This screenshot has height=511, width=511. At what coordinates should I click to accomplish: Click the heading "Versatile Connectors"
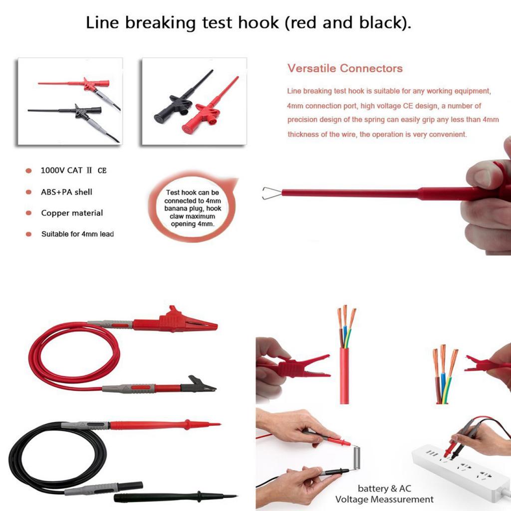point(345,68)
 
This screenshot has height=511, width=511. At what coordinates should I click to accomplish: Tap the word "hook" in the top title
point(258,23)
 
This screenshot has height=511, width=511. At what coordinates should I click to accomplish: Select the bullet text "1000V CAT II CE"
point(74,171)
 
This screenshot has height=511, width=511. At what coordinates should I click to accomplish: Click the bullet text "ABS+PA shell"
point(66,192)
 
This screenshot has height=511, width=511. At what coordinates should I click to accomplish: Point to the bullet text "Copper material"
point(72,213)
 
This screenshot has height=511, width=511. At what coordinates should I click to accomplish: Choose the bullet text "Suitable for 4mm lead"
point(77,234)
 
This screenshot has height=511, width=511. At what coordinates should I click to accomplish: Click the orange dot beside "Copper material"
point(28,213)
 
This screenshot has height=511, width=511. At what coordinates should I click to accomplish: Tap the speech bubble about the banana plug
point(193,208)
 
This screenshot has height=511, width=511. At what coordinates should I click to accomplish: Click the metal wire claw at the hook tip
point(271,193)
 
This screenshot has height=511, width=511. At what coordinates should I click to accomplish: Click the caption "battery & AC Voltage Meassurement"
point(385,494)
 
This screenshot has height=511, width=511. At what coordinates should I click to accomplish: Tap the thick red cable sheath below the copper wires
point(344,375)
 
